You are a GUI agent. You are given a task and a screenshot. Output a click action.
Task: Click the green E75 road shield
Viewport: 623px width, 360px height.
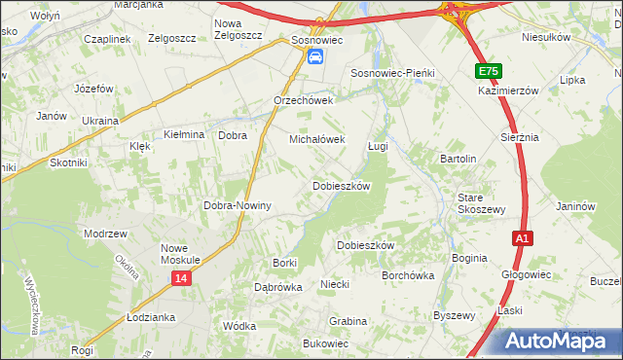pyautogui.click(x=489, y=71)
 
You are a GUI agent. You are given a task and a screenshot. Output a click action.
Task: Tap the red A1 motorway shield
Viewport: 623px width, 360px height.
pyautogui.click(x=523, y=237)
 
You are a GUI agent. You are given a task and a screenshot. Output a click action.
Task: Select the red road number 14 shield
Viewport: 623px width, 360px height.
pyautogui.click(x=180, y=279)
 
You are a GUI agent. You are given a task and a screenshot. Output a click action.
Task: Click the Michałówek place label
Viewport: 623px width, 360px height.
pyautogui.click(x=317, y=139)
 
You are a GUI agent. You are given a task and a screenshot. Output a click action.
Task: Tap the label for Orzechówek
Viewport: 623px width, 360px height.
pyautogui.click(x=304, y=100)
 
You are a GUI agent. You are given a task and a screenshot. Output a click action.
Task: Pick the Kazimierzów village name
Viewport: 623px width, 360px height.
pyautogui.click(x=508, y=90)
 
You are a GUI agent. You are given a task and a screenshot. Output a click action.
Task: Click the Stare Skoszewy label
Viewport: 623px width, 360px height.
pyautogui.click(x=482, y=203)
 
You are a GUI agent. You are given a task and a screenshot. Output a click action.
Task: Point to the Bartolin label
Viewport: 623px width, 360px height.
pyautogui.click(x=458, y=159)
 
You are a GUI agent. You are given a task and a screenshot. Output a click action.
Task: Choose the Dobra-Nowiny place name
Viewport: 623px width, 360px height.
pyautogui.click(x=237, y=206)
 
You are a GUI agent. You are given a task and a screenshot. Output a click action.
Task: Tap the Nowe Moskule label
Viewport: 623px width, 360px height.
pyautogui.click(x=180, y=254)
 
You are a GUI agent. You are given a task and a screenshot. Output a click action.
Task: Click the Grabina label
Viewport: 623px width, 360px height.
pyautogui.click(x=348, y=321)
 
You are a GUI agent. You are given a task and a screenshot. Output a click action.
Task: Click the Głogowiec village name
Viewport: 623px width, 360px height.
pyautogui.click(x=527, y=274)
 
